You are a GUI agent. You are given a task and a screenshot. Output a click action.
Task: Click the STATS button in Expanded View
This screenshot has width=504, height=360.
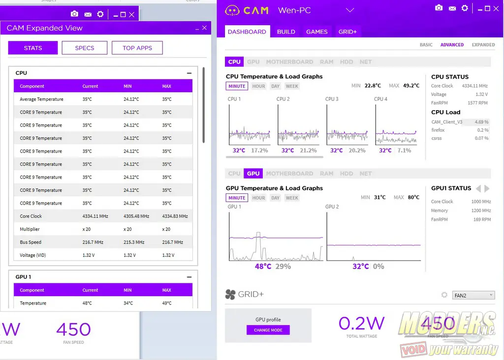click(33, 48)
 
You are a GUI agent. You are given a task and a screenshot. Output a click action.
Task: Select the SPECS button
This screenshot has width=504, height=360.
click(85, 48)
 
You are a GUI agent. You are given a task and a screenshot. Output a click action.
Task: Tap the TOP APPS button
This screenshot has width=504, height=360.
click(137, 48)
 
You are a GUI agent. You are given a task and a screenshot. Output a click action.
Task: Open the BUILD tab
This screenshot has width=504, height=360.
click(286, 31)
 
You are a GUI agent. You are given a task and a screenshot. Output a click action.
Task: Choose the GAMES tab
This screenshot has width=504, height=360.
click(317, 31)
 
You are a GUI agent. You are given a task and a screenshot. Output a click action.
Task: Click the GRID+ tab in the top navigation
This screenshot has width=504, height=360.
click(347, 31)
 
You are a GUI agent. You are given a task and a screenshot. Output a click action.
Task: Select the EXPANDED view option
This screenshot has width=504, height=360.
click(483, 45)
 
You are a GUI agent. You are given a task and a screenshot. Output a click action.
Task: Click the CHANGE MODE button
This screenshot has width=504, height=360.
click(268, 330)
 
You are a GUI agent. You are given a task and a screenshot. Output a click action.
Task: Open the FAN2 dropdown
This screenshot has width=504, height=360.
click(474, 295)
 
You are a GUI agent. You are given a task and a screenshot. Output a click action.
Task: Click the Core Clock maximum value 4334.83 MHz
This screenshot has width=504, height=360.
click(175, 216)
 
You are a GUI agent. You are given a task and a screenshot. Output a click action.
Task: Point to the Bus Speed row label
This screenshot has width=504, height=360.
click(31, 242)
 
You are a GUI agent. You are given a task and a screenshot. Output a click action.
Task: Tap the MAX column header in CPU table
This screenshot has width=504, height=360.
click(167, 86)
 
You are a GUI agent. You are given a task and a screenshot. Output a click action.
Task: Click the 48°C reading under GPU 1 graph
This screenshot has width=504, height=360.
click(263, 266)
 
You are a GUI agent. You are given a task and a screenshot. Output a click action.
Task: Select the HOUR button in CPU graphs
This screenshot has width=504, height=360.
click(258, 86)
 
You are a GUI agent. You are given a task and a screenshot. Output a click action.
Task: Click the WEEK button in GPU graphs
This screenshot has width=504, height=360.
click(292, 198)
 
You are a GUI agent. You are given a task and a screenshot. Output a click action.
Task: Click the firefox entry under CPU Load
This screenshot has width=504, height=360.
click(438, 130)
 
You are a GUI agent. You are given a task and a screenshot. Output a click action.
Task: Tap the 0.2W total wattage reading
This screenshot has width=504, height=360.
click(361, 323)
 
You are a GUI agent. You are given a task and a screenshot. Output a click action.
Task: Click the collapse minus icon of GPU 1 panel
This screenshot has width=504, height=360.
click(189, 277)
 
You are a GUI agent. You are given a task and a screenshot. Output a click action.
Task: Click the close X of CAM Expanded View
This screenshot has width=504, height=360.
click(205, 28)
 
